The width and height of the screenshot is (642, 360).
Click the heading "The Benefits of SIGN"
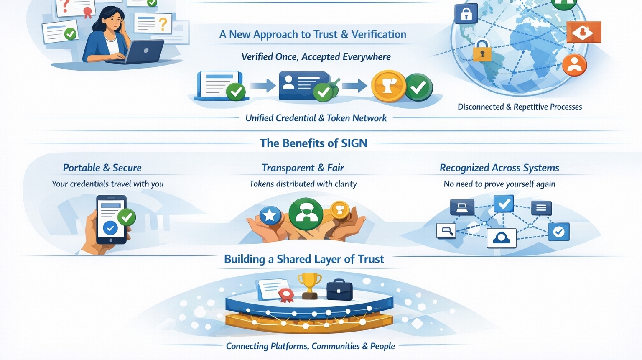[313, 143]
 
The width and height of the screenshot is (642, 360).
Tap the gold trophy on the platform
[310, 285]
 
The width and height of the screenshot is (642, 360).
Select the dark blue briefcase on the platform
[339, 290]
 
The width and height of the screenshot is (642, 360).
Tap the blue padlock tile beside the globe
[466, 14]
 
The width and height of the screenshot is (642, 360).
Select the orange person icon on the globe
[574, 64]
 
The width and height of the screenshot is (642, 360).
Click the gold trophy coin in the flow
[388, 86]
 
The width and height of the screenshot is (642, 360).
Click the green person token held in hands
[306, 213]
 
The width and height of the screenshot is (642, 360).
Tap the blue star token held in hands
[270, 216]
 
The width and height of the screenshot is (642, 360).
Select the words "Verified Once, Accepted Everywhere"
[316, 57]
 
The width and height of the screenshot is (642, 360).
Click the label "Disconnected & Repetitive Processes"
[520, 107]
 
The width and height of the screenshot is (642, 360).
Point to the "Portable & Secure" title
[102, 168]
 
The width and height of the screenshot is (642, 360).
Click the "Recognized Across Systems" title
[499, 168]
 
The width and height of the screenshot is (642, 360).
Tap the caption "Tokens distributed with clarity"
[303, 184]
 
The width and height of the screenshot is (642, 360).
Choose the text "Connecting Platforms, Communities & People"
[310, 346]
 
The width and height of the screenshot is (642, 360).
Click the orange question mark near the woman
[163, 23]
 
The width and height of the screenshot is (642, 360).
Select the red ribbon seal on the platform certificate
[286, 295]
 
